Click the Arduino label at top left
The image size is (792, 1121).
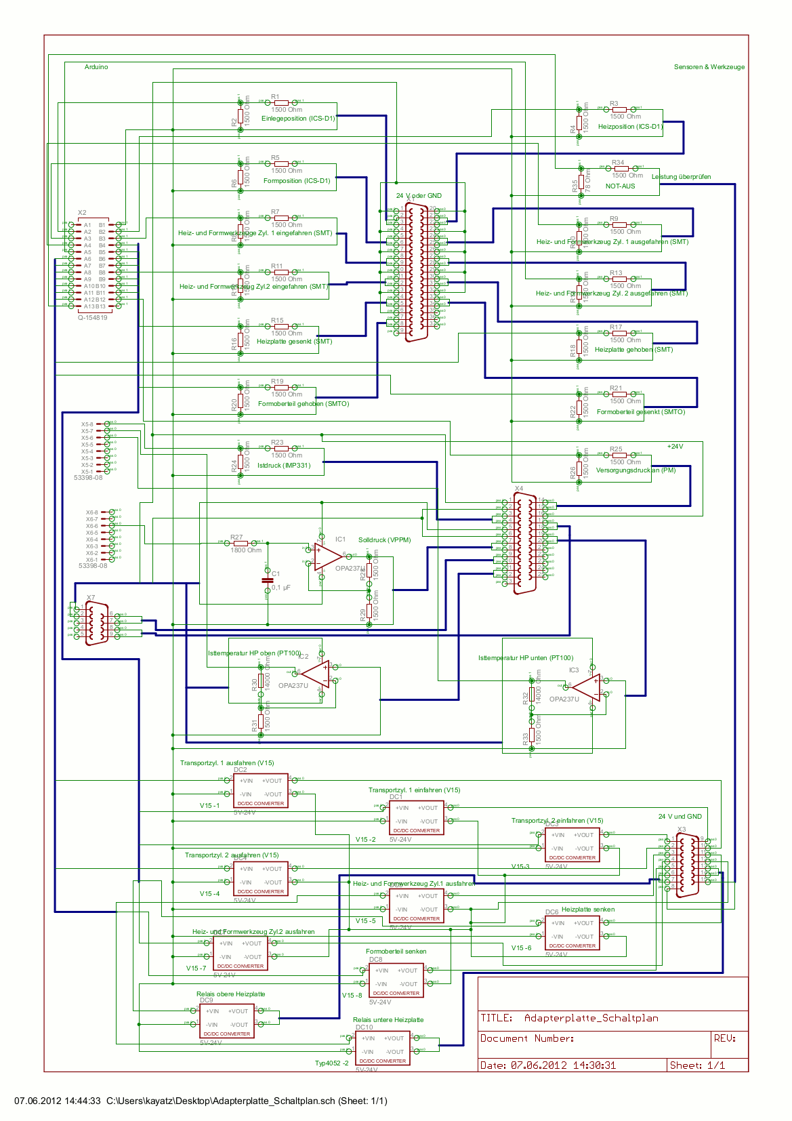pyautogui.click(x=96, y=67)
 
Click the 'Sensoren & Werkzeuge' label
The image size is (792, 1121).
pyautogui.click(x=709, y=67)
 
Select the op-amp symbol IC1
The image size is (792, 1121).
pyautogui.click(x=328, y=556)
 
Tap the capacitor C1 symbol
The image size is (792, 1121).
pyautogui.click(x=267, y=580)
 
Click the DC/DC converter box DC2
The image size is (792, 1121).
pyautogui.click(x=260, y=791)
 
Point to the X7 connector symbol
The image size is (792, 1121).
pyautogui.click(x=97, y=624)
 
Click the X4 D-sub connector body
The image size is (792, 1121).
pyautogui.click(x=525, y=544)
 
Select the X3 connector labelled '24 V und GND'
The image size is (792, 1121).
pyautogui.click(x=686, y=866)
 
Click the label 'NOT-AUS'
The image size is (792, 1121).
pyautogui.click(x=620, y=186)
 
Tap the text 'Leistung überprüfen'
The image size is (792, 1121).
pyautogui.click(x=681, y=177)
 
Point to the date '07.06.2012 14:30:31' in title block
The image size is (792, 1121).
pyautogui.click(x=563, y=1065)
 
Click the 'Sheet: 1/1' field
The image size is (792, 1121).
pyautogui.click(x=697, y=1065)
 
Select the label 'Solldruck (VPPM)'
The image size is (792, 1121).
pyautogui.click(x=384, y=540)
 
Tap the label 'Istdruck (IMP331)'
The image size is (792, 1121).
pyautogui.click(x=284, y=466)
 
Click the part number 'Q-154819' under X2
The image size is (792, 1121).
pyautogui.click(x=92, y=317)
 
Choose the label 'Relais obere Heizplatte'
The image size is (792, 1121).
pyautogui.click(x=230, y=994)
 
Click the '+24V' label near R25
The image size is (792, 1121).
pyautogui.click(x=675, y=447)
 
